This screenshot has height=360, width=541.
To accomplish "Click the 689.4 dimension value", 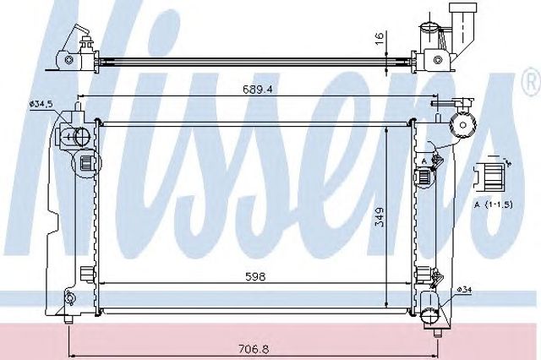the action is (257, 90).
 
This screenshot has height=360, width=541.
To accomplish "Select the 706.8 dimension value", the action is (254, 349).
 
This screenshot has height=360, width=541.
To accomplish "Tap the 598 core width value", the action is (255, 276).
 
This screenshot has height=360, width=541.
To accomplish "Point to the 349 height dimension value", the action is (379, 216).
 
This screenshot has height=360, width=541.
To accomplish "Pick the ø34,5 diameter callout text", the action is (41, 103).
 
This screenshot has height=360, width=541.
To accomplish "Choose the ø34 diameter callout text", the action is (464, 290).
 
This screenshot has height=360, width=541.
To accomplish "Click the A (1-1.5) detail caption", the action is (493, 205).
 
